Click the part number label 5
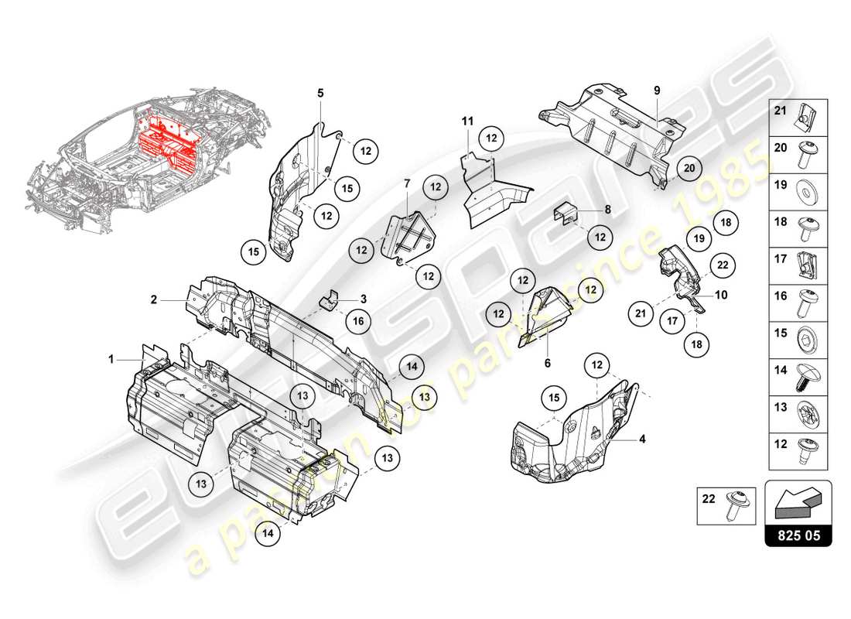pyautogui.click(x=320, y=93)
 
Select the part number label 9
pyautogui.click(x=656, y=91)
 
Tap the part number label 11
pyautogui.click(x=467, y=121)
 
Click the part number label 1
pyautogui.click(x=111, y=359)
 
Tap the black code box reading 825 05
pyautogui.click(x=798, y=535)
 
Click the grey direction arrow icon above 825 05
pyautogui.click(x=797, y=502)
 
